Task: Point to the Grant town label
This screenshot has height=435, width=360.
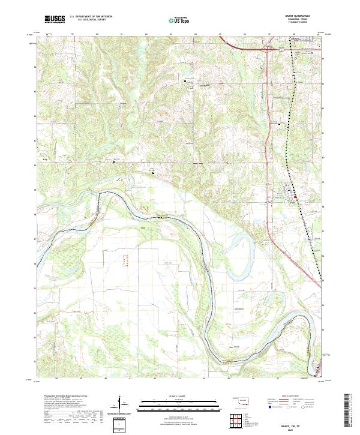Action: point(293,202)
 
